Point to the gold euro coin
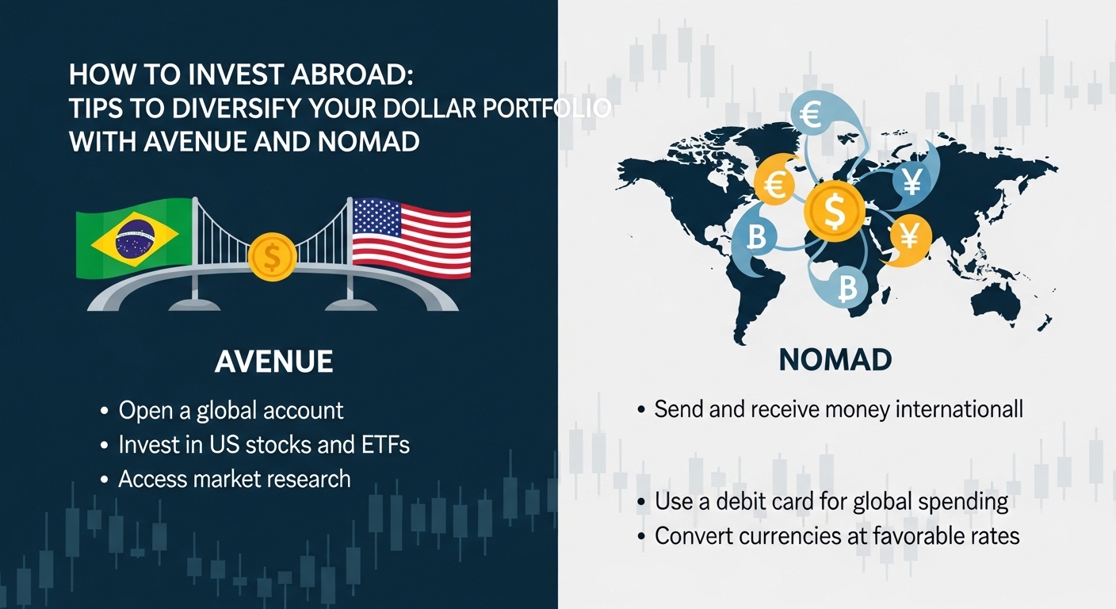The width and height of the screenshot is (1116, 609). (774, 185)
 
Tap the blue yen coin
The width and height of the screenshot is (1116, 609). (912, 183)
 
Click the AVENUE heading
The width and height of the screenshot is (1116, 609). (273, 362)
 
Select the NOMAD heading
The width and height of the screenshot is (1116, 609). (835, 359)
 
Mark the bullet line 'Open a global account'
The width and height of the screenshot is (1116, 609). (231, 411)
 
